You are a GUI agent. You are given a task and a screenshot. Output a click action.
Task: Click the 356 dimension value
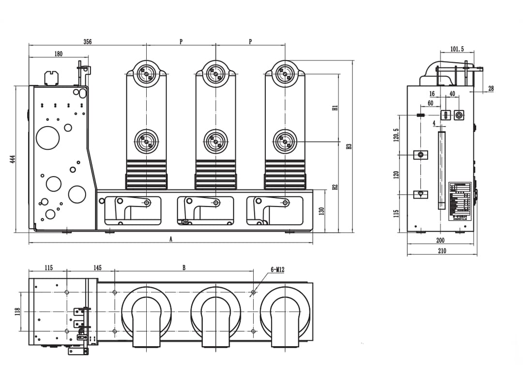87,42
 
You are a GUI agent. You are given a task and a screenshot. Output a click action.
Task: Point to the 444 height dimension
13,159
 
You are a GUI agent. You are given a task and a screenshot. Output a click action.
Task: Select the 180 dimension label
58,54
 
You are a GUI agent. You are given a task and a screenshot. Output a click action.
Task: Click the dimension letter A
170,239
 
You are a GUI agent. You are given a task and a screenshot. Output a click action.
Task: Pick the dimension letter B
184,268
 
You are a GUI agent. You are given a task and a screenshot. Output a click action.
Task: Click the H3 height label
349,146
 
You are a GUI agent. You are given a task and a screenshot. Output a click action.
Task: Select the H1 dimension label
335,108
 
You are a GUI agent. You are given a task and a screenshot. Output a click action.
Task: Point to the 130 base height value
321,210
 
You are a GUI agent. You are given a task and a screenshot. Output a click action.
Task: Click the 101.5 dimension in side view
457,49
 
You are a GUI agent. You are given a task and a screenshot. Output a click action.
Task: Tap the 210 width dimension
442,251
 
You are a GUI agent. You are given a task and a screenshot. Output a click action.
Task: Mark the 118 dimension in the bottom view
17,311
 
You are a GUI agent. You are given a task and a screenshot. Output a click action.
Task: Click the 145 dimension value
97,268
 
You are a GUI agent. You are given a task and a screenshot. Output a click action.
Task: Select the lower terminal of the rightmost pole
285,142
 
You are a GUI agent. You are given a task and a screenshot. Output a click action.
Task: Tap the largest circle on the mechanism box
48,138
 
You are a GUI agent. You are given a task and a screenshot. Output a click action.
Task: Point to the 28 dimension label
491,88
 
